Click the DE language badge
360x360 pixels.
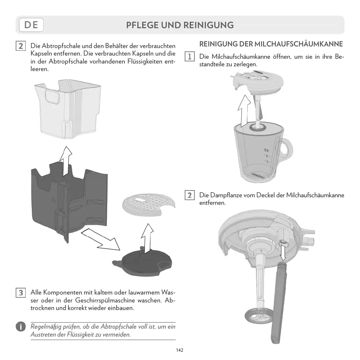(31, 25)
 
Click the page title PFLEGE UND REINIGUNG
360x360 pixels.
(180, 25)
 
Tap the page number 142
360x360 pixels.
(180, 350)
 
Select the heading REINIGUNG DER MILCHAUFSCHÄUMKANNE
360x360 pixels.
(271, 44)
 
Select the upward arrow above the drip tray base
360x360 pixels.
(147, 238)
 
